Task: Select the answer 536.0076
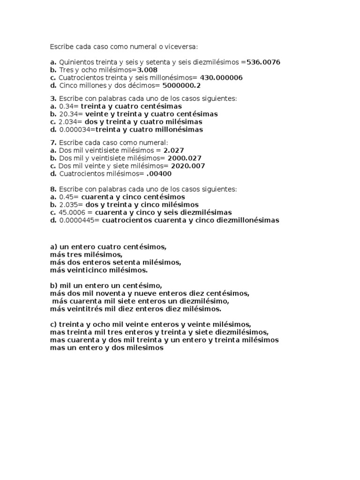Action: pyautogui.click(x=263, y=62)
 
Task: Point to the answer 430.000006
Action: pyautogui.click(x=221, y=77)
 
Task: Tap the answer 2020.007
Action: pyautogui.click(x=187, y=166)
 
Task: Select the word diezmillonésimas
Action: pyautogui.click(x=247, y=220)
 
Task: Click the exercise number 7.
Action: pyautogui.click(x=53, y=142)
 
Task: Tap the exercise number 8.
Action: pyautogui.click(x=53, y=189)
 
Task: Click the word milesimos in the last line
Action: pyautogui.click(x=146, y=348)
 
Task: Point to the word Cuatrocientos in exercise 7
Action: pyautogui.click(x=82, y=174)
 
